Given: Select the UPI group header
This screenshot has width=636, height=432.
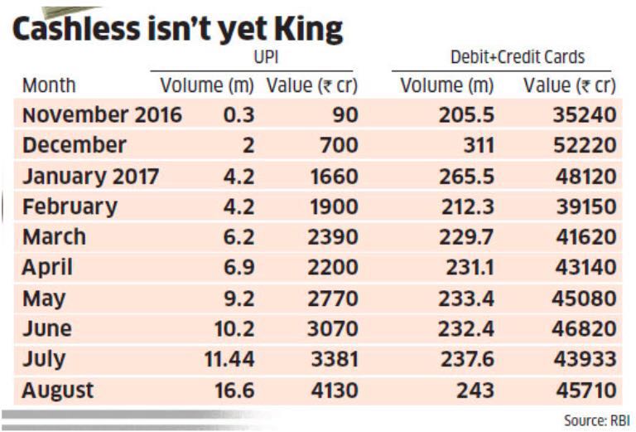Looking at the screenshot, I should point(264,56).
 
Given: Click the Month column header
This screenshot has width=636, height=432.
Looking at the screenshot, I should point(49,85).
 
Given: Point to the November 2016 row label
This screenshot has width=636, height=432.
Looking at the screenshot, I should point(102,114).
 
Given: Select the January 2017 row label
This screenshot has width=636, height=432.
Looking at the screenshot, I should point(88,176).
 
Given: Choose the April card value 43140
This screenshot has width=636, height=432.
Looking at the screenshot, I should point(585,267).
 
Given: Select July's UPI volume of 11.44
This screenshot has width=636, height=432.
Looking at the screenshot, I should point(229,359).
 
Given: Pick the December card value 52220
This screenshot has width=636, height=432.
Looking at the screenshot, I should point(585,145).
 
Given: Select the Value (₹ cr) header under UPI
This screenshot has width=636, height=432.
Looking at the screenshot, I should point(311,85).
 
